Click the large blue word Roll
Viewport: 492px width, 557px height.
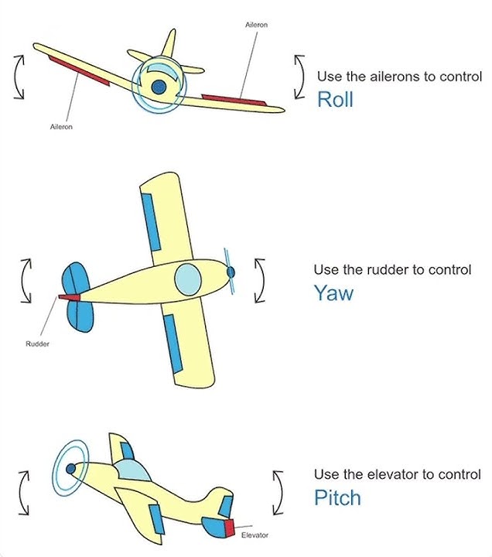(x=335, y=99)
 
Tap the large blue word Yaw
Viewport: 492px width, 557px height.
(x=333, y=292)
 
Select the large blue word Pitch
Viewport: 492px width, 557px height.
(x=337, y=497)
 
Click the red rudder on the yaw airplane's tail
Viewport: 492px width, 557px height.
(x=70, y=296)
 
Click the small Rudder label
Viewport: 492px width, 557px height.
(x=38, y=343)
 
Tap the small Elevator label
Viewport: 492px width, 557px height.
(x=255, y=535)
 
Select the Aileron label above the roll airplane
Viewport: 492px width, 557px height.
(x=256, y=26)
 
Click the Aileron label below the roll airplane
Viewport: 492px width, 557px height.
(x=61, y=127)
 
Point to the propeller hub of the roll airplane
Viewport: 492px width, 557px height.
(x=159, y=88)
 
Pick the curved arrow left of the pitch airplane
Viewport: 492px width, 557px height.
(x=26, y=493)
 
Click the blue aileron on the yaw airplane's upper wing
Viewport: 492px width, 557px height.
(x=149, y=220)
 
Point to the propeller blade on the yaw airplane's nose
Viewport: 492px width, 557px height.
(x=228, y=272)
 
